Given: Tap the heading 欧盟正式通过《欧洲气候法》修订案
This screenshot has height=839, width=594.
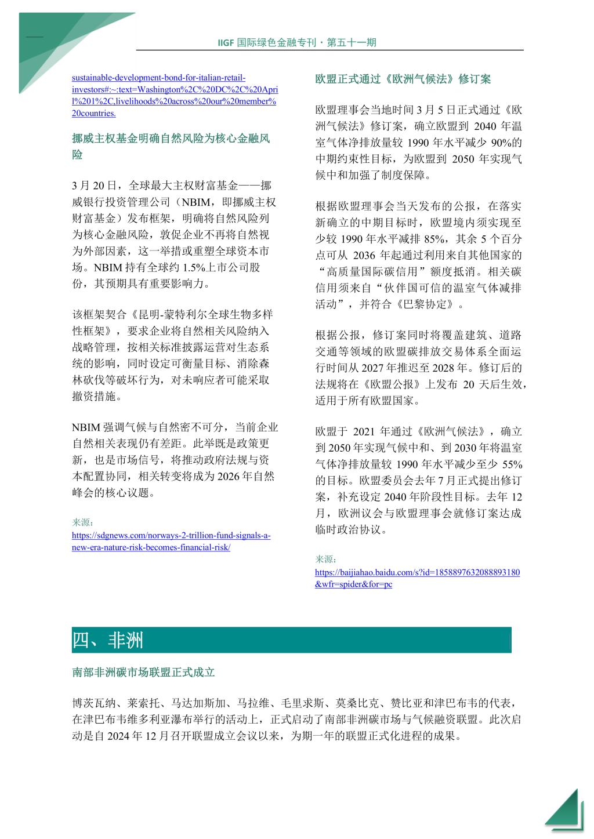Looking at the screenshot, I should (403, 79).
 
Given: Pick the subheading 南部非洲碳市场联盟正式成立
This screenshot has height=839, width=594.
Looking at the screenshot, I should (143, 672).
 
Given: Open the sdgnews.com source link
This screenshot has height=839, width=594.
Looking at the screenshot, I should (171, 542).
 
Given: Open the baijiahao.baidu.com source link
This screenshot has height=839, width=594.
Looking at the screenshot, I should (417, 578).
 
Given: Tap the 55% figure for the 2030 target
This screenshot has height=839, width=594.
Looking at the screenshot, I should (511, 464).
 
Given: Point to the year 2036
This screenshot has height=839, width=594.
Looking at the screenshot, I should (364, 255).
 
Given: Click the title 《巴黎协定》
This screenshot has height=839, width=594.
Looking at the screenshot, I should (427, 304).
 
